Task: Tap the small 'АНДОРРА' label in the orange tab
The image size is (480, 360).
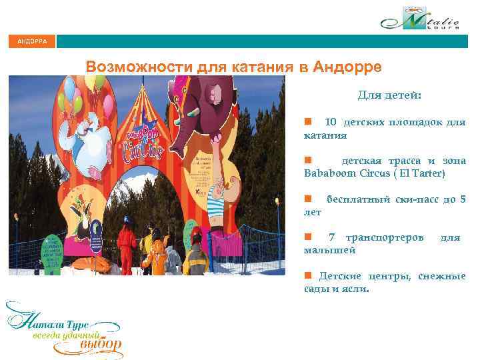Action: point(32,41)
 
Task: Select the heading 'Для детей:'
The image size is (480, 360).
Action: point(389,95)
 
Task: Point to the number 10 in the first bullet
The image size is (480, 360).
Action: point(331,122)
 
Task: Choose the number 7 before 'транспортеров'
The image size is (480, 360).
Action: point(332,237)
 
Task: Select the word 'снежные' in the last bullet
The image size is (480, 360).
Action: point(442,276)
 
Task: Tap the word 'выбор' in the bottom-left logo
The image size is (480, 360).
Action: point(100,345)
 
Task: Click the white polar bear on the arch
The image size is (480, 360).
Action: point(89,140)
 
